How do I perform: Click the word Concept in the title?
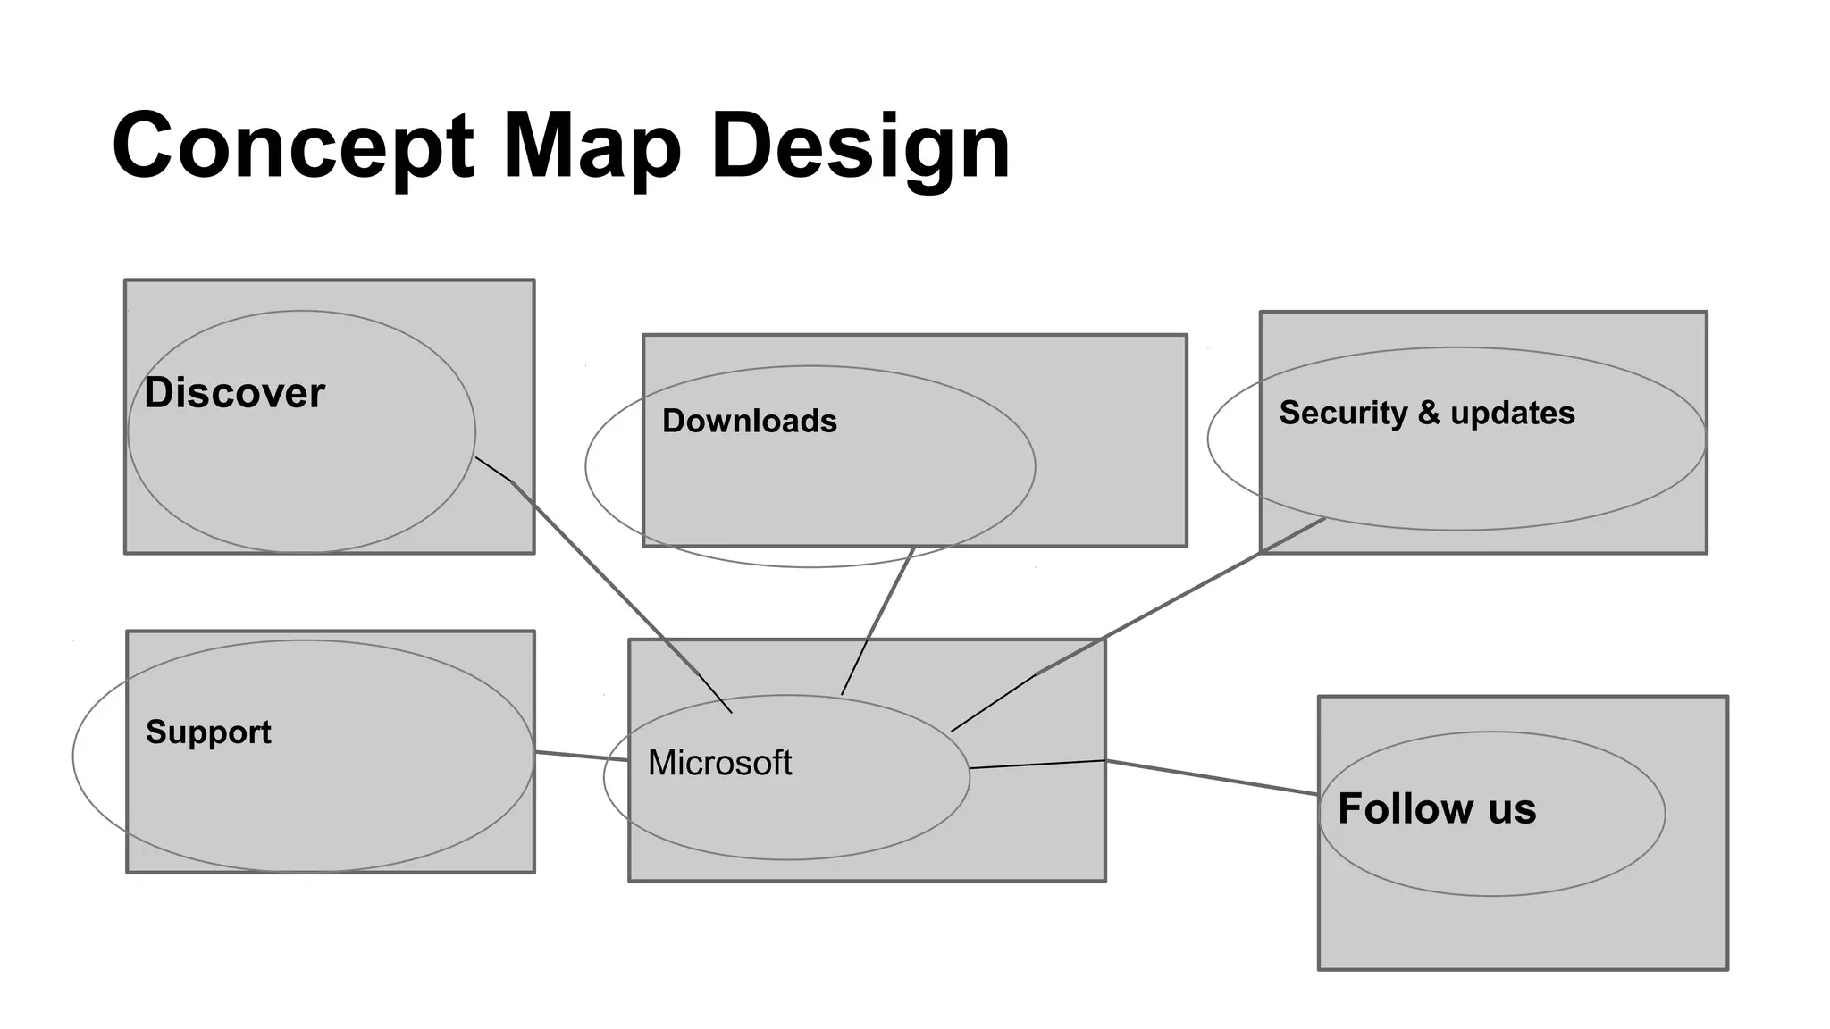tap(293, 146)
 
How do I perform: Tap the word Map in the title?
tap(592, 146)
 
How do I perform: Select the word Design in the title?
tap(860, 146)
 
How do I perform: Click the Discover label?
tap(234, 393)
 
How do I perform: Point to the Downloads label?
tap(749, 422)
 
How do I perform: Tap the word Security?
tap(1343, 413)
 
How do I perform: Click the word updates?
tap(1512, 413)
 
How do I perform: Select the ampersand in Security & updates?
tap(1429, 413)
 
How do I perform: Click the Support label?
tap(208, 732)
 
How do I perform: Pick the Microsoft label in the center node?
tap(719, 763)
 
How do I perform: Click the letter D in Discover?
tap(157, 393)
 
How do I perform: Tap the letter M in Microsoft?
tap(660, 763)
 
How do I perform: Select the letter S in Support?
tap(155, 732)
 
